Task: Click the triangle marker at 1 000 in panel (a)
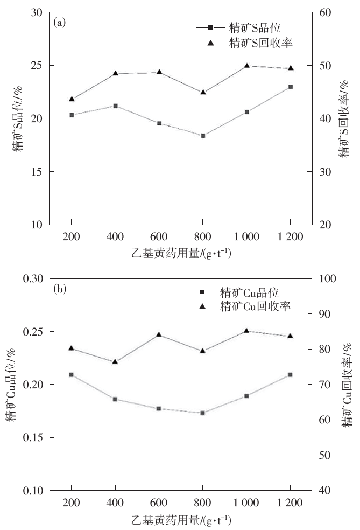pos(246,66)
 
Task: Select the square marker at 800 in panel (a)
pos(202,136)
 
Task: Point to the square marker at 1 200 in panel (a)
pos(290,87)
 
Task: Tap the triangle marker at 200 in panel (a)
pos(71,99)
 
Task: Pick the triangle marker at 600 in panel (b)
pos(159,334)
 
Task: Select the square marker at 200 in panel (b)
pos(71,374)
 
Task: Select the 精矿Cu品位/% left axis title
pos(10,384)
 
